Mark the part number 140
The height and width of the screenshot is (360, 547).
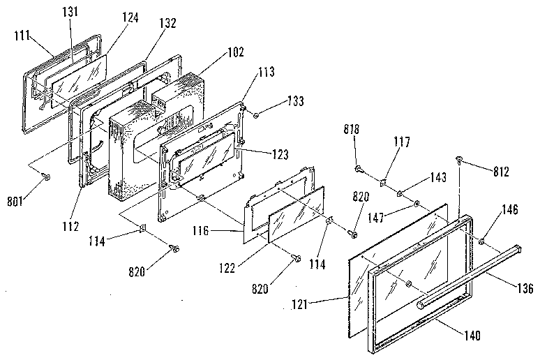pos(473,335)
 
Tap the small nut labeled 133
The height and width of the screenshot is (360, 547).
pos(256,114)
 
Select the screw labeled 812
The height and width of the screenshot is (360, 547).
pos(460,160)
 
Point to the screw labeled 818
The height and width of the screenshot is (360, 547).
pos(359,169)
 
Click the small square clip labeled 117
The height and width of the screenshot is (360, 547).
pos(384,183)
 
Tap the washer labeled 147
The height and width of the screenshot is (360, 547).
pos(416,204)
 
